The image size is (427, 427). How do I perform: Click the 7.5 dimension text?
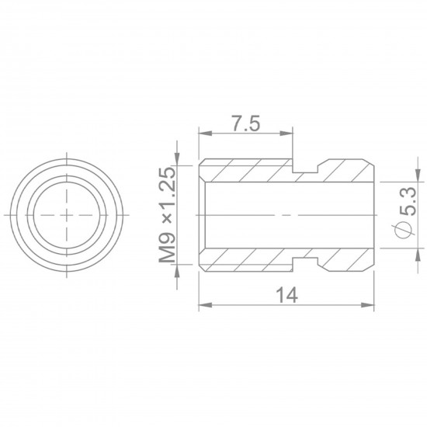[x=245, y=123]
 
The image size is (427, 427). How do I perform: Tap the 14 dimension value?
[x=286, y=295]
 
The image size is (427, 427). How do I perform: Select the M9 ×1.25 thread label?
[x=167, y=214]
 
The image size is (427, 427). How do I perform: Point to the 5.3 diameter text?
[x=408, y=201]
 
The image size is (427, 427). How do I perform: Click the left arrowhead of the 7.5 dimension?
[x=206, y=134]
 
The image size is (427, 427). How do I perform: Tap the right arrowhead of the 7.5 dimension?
[x=286, y=134]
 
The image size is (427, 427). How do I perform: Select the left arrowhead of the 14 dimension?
[x=206, y=305]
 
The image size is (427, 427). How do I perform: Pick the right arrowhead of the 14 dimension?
[x=367, y=305]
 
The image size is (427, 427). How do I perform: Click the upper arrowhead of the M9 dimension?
[x=177, y=159]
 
